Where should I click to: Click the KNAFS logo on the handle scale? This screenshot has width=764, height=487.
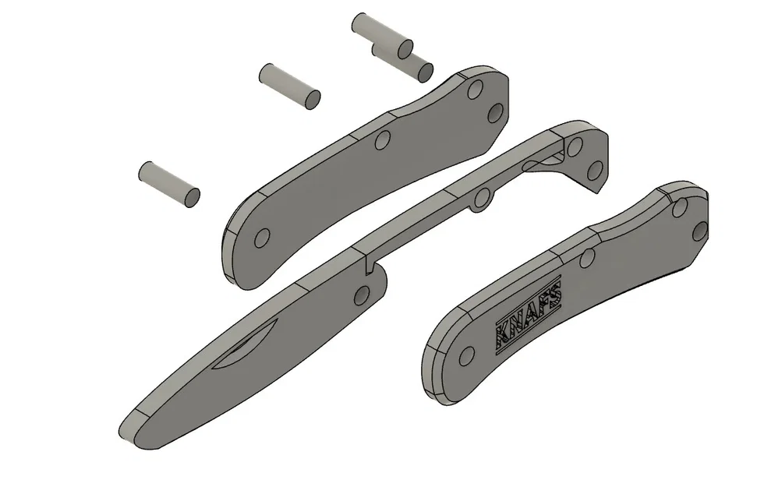tap(528, 320)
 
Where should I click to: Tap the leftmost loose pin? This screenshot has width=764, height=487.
tap(169, 184)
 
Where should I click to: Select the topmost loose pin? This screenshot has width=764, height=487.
tap(381, 35)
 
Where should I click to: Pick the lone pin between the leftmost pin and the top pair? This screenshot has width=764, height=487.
tap(289, 85)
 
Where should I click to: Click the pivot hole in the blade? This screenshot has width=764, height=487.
tap(362, 295)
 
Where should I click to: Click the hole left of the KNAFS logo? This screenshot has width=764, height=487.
tap(466, 356)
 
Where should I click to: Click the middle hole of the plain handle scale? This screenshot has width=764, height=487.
tap(383, 140)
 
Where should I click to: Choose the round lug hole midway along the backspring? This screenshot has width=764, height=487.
tap(483, 196)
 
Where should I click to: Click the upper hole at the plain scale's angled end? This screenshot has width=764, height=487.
tap(474, 91)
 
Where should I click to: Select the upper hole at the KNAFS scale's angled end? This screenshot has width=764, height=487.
tap(681, 205)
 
